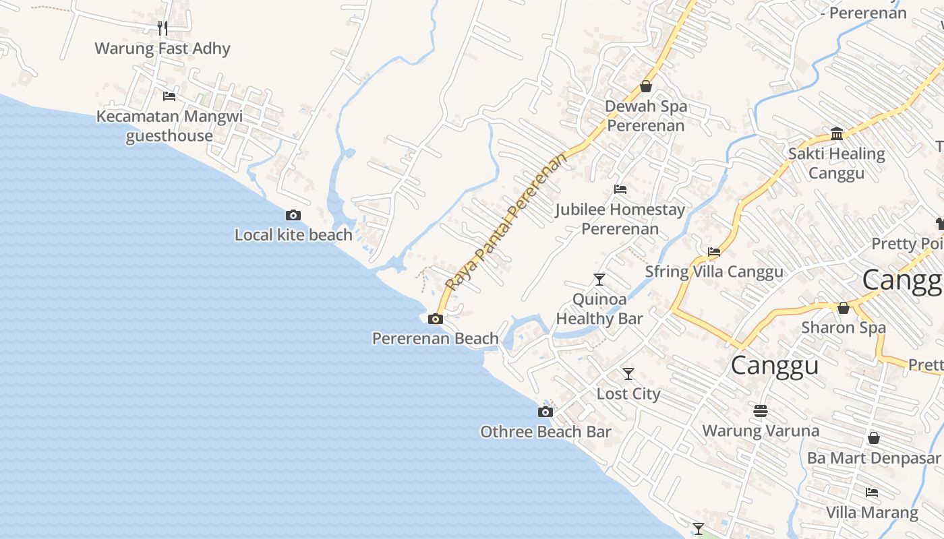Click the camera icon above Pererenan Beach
(436, 319)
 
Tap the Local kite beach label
(293, 235)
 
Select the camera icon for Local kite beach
(293, 216)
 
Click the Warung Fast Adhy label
(163, 49)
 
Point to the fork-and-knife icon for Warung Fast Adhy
(163, 28)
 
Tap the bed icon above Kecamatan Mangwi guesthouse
(169, 96)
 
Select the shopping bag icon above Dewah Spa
(646, 86)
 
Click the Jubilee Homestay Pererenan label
(620, 219)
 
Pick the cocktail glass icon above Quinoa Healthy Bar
(599, 279)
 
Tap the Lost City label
(628, 393)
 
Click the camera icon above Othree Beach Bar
(545, 412)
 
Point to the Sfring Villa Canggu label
(714, 272)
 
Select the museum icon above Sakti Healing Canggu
(837, 133)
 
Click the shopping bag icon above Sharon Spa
(843, 308)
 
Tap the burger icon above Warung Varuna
(761, 410)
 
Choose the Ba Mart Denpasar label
(873, 458)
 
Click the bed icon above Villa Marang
(872, 493)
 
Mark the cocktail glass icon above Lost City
(628, 373)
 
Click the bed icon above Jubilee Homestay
(620, 189)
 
